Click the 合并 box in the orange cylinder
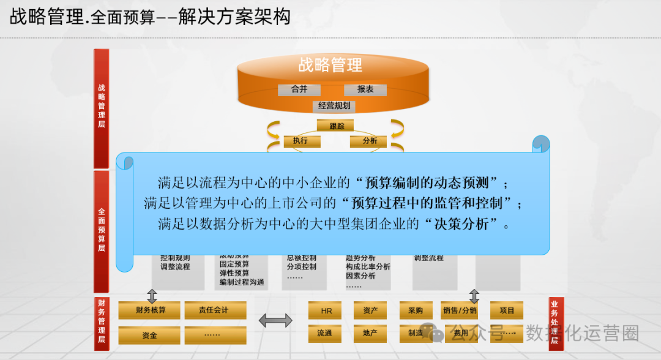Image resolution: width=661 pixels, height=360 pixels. (299, 89)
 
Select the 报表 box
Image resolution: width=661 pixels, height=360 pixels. (365, 89)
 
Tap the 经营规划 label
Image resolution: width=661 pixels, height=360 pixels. (334, 106)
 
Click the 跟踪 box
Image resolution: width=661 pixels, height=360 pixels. (335, 126)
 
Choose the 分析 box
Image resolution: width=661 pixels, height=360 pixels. (369, 141)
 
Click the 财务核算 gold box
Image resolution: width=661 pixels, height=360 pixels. (150, 310)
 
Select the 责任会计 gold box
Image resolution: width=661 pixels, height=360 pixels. (215, 310)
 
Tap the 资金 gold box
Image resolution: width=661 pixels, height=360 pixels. (150, 335)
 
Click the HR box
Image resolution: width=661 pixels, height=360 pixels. (326, 310)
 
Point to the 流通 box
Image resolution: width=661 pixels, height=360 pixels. (325, 334)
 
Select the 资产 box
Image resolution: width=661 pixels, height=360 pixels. (370, 310)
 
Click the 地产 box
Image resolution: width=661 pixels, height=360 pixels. (370, 334)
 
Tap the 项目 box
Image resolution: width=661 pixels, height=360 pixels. (507, 310)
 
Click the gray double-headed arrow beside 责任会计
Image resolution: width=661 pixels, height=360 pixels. (275, 320)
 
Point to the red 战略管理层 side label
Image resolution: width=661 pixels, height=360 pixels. (102, 107)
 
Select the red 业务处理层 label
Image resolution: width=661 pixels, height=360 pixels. (555, 323)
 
